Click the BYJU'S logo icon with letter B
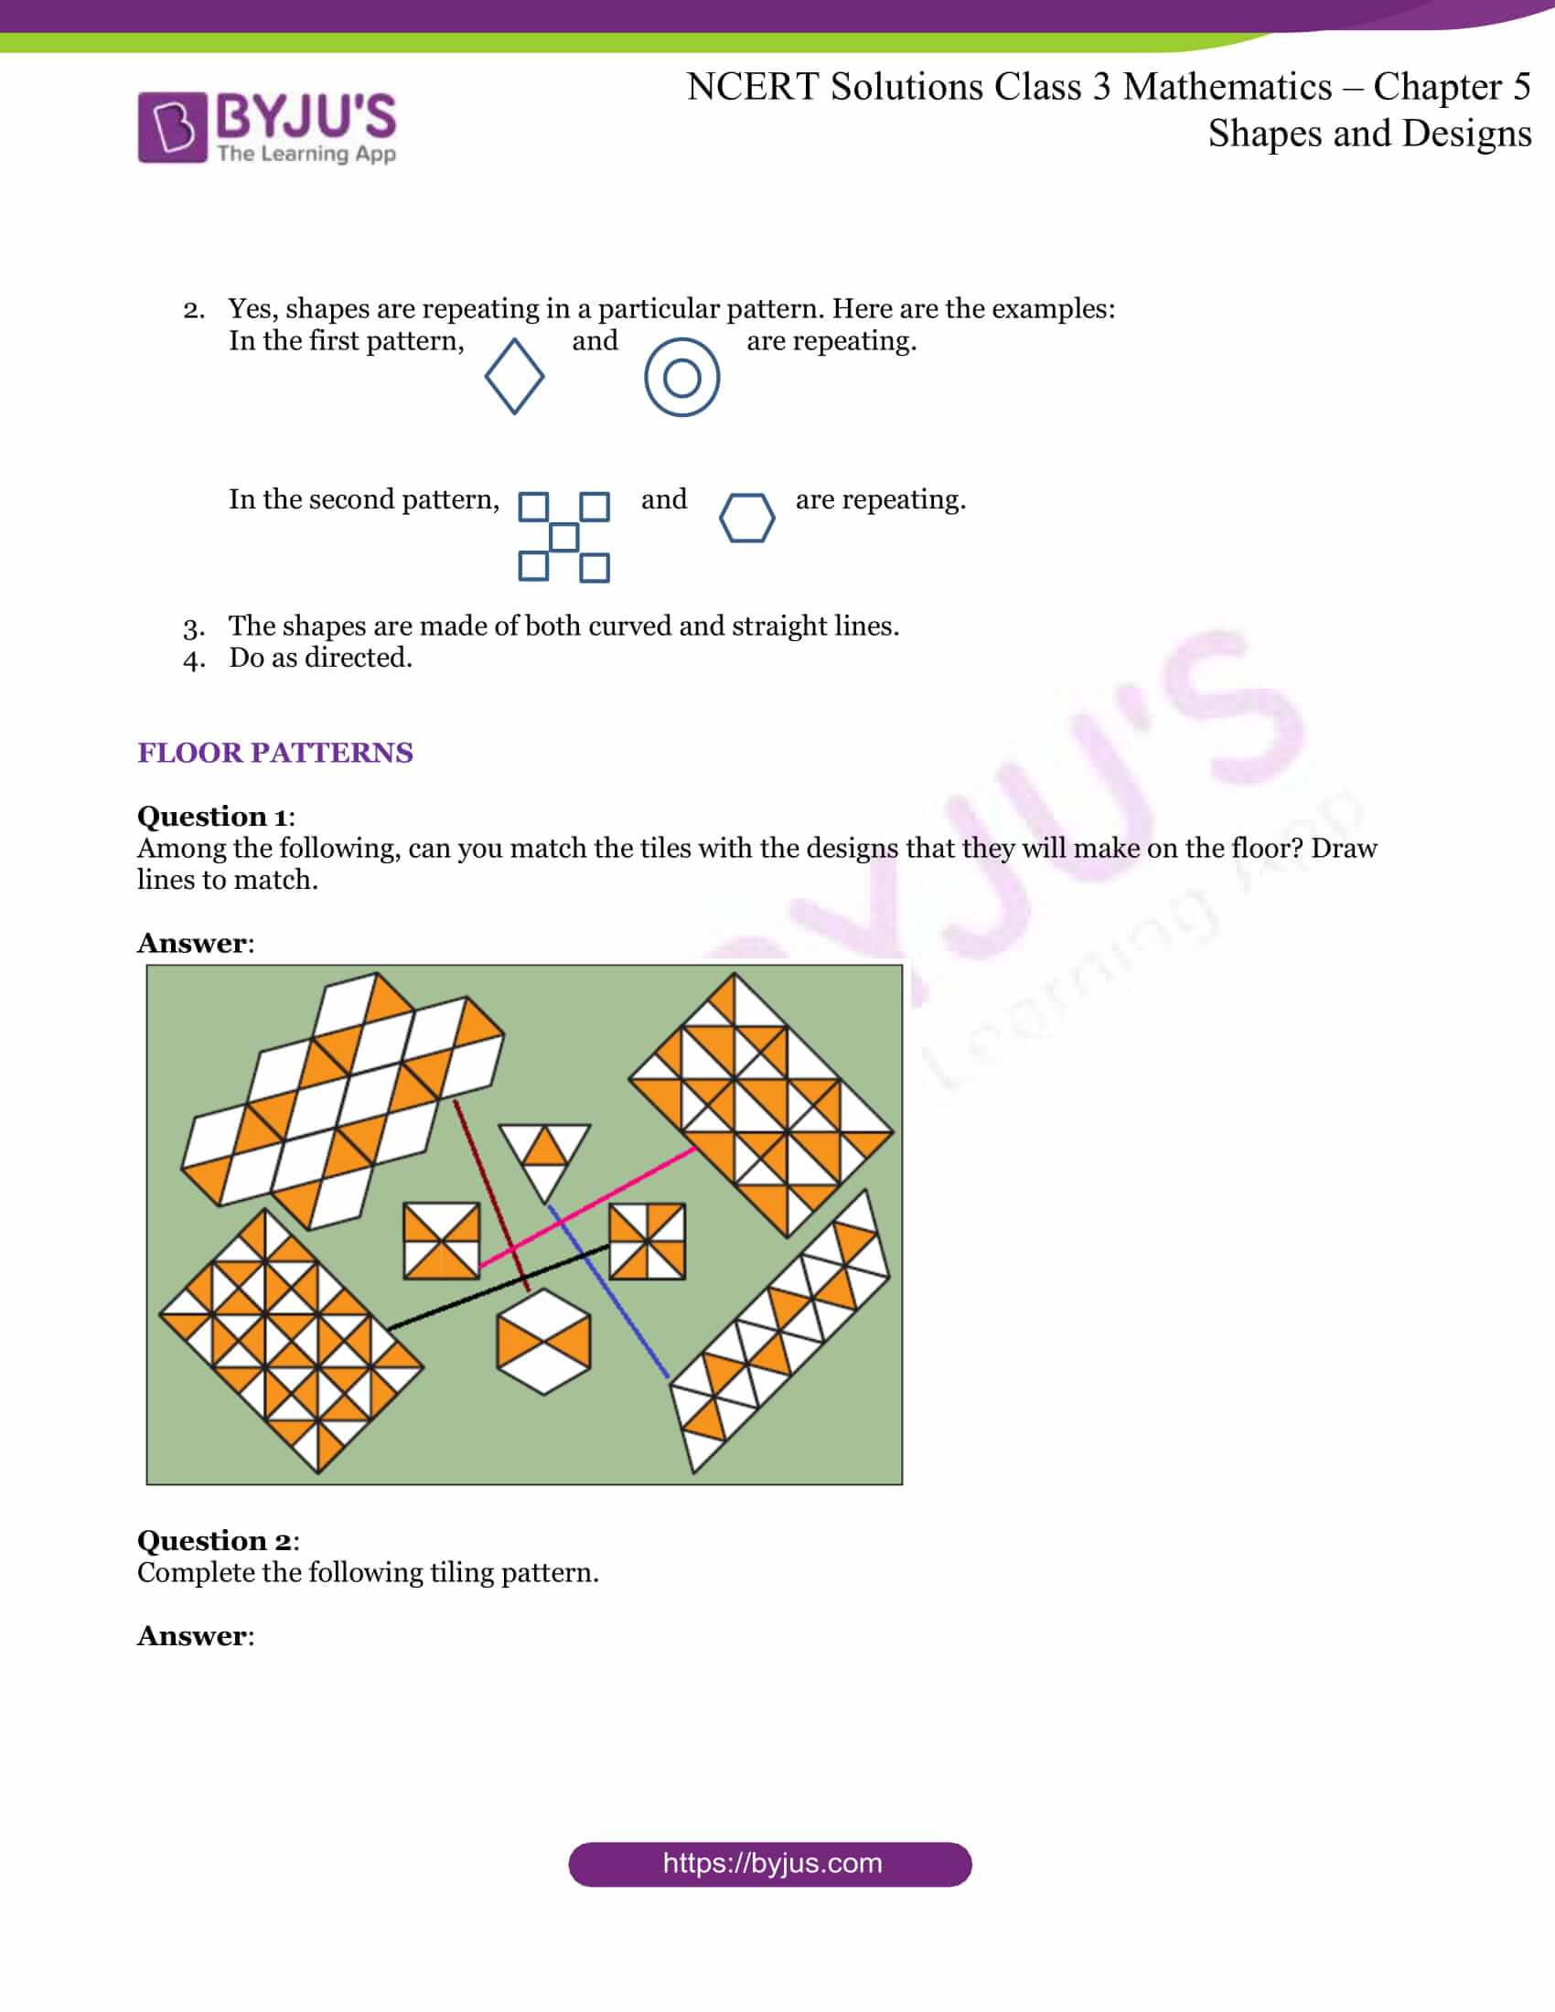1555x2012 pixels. click(172, 127)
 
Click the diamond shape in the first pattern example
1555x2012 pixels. click(514, 376)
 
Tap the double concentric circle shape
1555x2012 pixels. click(681, 377)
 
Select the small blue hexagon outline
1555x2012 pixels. click(746, 518)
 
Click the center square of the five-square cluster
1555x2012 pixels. click(563, 537)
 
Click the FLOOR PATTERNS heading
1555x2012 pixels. click(274, 753)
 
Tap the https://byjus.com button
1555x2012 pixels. click(770, 1864)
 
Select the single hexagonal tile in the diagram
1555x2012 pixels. click(543, 1341)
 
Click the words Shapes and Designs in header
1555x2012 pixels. click(1369, 134)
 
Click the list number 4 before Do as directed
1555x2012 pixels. click(193, 659)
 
